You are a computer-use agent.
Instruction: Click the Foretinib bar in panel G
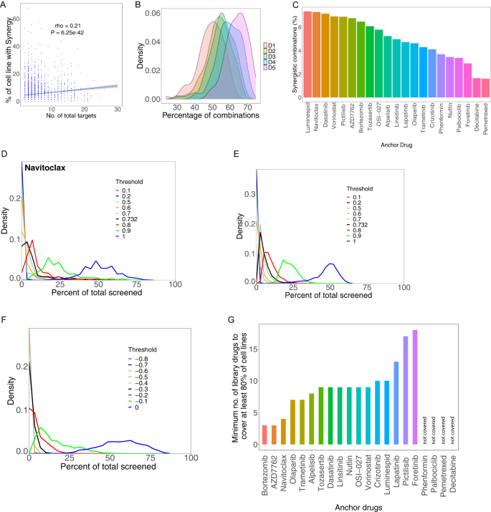pos(416,387)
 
